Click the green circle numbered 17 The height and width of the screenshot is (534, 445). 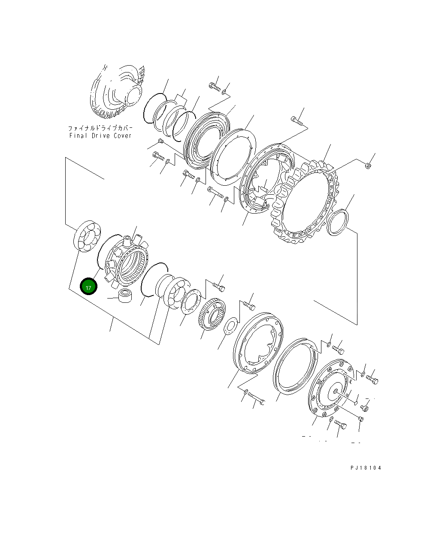click(x=88, y=287)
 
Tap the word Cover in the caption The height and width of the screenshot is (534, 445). click(x=122, y=136)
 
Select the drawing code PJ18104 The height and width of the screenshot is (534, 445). click(x=366, y=468)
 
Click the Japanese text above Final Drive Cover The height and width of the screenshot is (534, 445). click(x=100, y=128)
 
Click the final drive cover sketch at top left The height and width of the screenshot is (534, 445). click(x=118, y=92)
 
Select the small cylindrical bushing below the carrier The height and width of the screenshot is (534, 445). click(x=125, y=296)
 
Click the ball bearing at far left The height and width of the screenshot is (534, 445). click(x=88, y=235)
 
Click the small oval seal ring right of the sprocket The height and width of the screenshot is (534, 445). click(x=338, y=222)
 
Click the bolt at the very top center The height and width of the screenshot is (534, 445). click(x=215, y=87)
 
